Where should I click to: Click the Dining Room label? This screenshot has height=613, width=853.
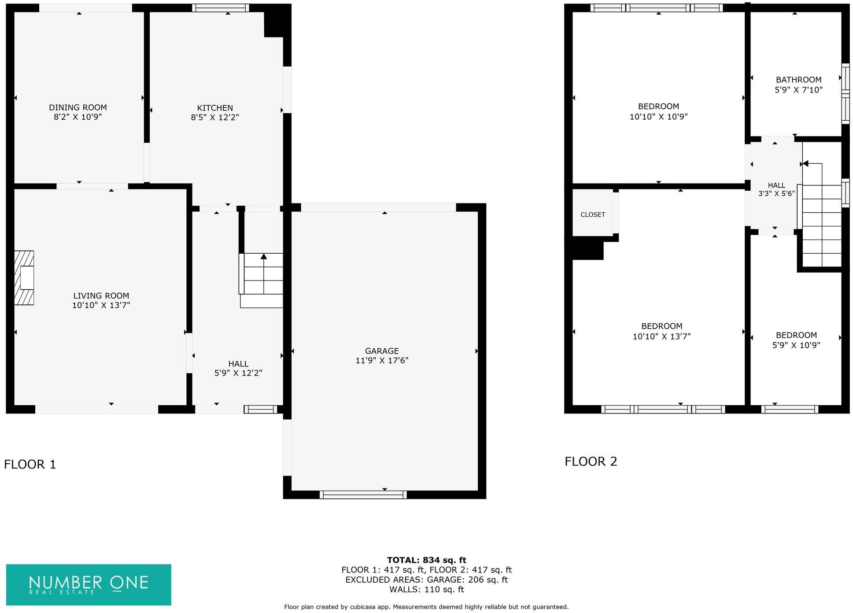point(78,107)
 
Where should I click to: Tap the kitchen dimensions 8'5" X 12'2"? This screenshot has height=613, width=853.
point(214,118)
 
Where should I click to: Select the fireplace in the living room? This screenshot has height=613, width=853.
point(24,278)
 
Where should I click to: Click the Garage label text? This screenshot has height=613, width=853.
point(381,351)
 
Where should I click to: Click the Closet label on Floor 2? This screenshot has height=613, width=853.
point(592,215)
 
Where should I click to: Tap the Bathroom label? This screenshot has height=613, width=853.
point(798,80)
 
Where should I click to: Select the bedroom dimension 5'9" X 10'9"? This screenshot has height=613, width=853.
point(796,345)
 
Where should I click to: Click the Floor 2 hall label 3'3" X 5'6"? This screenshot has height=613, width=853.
point(776,193)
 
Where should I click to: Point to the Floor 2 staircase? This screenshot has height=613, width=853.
point(822,225)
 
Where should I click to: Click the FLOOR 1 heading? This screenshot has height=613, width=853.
point(30,464)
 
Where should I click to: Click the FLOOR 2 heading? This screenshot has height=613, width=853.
point(591,462)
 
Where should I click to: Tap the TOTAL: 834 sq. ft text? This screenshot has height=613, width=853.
point(426,560)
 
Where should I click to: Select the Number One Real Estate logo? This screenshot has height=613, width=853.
point(89,584)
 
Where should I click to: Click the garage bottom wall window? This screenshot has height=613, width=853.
point(362,495)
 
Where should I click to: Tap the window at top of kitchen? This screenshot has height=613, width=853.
point(221,8)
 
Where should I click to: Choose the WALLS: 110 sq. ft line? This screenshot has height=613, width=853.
point(426,589)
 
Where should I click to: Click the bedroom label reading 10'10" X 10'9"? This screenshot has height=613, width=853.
point(658,117)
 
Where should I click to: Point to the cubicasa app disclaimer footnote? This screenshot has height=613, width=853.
point(426,607)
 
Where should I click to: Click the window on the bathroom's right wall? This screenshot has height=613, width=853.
point(845,93)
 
